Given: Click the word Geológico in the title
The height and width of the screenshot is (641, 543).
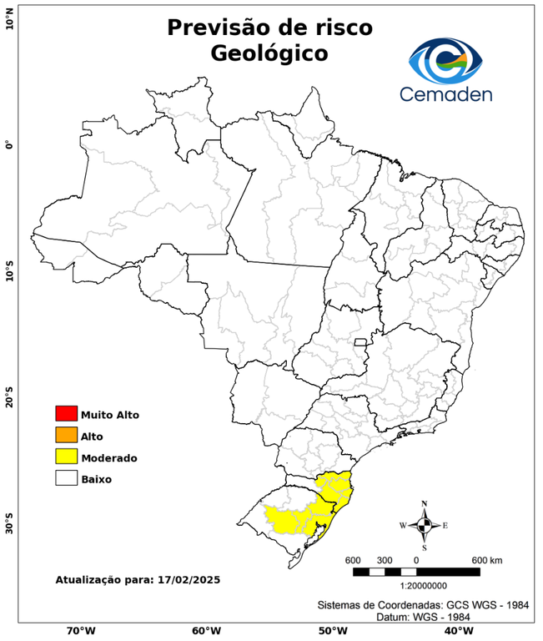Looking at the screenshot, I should tap(269, 53).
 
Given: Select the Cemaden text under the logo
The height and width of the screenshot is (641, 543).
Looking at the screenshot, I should tap(445, 93).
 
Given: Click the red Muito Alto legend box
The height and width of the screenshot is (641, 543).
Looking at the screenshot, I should tap(66, 414).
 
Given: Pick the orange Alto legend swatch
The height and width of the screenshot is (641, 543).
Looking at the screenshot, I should tap(66, 436).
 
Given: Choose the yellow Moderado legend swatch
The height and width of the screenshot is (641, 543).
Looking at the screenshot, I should tap(66, 457).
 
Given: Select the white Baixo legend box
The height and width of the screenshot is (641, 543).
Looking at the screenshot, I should tap(66, 479).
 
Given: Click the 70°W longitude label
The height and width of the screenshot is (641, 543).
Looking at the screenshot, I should tap(81, 630).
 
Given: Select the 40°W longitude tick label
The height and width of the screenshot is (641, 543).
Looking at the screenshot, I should tap(456, 630).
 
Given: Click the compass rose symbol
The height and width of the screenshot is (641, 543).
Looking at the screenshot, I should tap(425, 525).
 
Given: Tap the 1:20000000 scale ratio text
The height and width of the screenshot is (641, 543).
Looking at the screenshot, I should tap(415, 586).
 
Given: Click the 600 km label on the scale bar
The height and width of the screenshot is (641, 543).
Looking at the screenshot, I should tap(487, 559).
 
